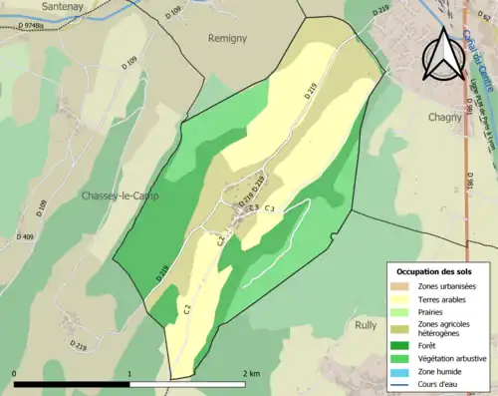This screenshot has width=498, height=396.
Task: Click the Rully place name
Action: [367, 324]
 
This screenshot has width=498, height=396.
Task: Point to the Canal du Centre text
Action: [479, 60]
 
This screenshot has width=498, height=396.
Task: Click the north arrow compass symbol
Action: [444, 55]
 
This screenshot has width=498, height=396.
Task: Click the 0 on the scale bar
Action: [15, 373]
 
